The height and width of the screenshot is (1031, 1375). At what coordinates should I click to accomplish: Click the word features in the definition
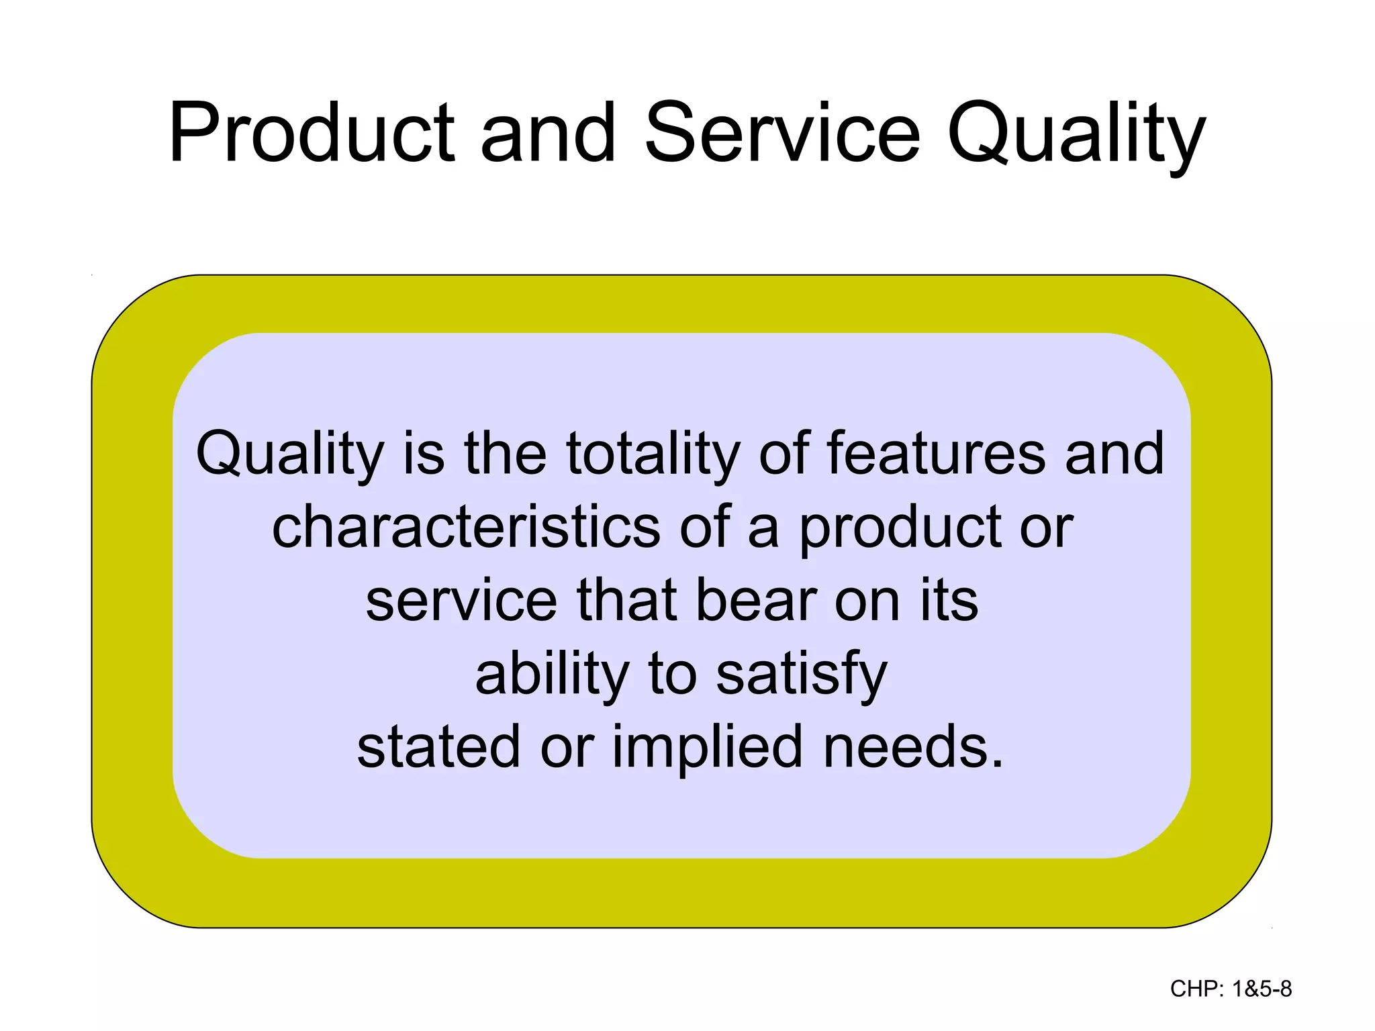tap(935, 454)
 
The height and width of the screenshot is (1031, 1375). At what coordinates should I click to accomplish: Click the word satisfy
tap(802, 675)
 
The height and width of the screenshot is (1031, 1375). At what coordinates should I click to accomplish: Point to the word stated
tap(438, 747)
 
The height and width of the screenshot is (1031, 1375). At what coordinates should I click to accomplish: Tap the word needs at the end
tap(912, 747)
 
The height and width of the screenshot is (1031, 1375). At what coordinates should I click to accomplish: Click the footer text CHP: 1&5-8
tap(1231, 989)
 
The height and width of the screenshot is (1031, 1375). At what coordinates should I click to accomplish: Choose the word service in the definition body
tap(461, 601)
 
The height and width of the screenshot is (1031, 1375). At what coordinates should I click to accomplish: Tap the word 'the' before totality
tap(505, 454)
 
